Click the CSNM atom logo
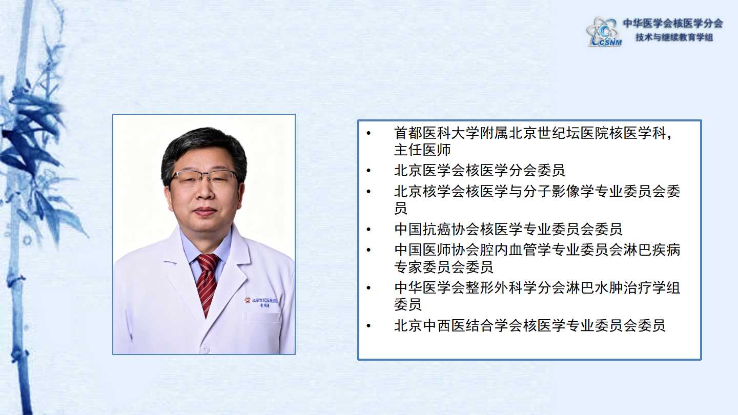click(x=604, y=32)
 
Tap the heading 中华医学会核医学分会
click(x=673, y=24)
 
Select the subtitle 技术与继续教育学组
click(x=674, y=37)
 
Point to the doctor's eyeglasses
click(x=204, y=177)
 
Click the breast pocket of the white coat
click(x=261, y=317)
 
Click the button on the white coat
click(x=205, y=349)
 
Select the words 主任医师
click(x=422, y=150)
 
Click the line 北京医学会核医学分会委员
click(x=479, y=171)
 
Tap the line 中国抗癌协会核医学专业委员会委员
click(x=508, y=229)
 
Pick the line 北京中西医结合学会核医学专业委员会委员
click(x=530, y=326)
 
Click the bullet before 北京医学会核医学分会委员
click(x=368, y=171)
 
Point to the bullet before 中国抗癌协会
click(x=368, y=229)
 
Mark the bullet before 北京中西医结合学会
click(x=368, y=326)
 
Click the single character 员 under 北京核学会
click(x=401, y=208)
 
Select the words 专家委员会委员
click(x=443, y=267)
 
